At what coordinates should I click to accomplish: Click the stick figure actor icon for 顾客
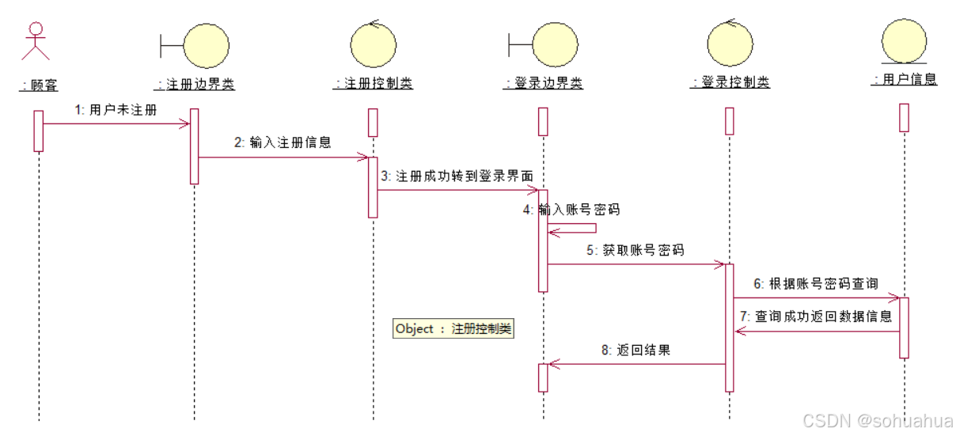coord(35,41)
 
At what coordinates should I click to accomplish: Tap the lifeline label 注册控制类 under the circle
coord(373,83)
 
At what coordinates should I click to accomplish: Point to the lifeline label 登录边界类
coord(544,83)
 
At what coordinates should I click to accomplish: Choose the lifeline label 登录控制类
coord(730,82)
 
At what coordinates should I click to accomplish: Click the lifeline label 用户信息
coord(904,79)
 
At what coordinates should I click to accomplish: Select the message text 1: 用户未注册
coord(116,110)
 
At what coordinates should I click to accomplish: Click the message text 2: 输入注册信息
coord(283,143)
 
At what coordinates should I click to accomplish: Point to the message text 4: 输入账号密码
coord(571,210)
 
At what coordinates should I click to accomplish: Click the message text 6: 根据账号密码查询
coord(814,283)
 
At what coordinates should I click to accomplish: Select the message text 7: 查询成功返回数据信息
coord(816,317)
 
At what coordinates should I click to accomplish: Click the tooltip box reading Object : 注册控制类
coord(453,329)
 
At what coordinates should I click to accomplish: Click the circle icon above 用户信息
coord(903,43)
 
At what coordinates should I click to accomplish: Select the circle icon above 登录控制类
coord(730,44)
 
